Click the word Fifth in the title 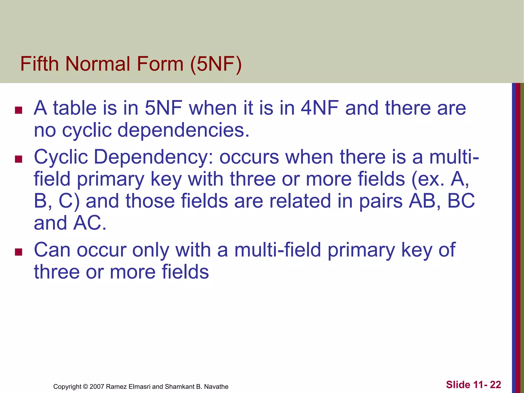tap(40, 64)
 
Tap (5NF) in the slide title tap(216, 64)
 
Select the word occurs tap(249, 157)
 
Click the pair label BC tap(461, 201)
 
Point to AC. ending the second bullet tap(90, 223)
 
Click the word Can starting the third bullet tap(52, 250)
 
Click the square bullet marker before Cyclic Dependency tap(19, 159)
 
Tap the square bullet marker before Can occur tap(19, 252)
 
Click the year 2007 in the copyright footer tap(97, 387)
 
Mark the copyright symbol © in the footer tap(85, 387)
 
